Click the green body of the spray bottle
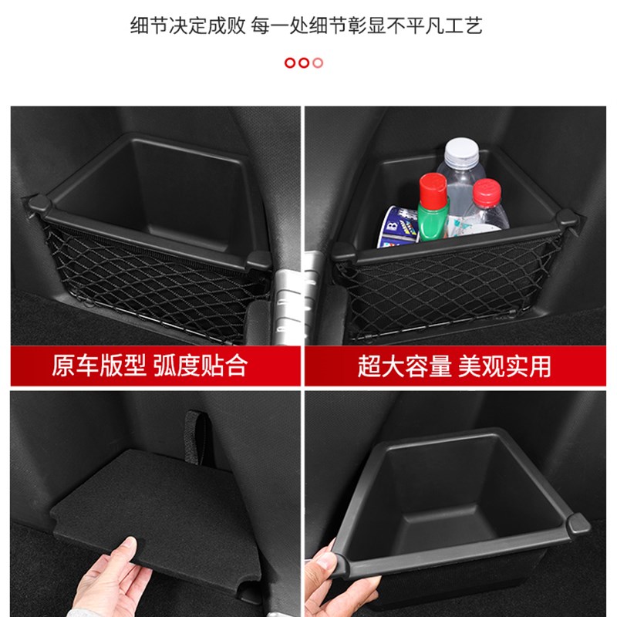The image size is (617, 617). pos(433,221)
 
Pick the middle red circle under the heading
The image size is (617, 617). pos(304,62)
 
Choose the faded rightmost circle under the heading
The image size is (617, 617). pos(318,62)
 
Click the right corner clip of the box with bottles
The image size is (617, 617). pos(568,221)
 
